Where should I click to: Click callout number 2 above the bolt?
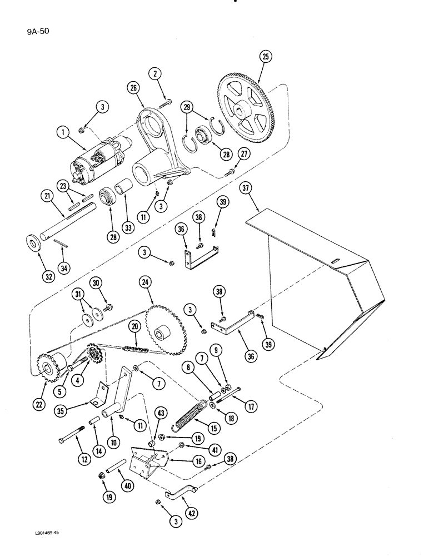click(x=154, y=75)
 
